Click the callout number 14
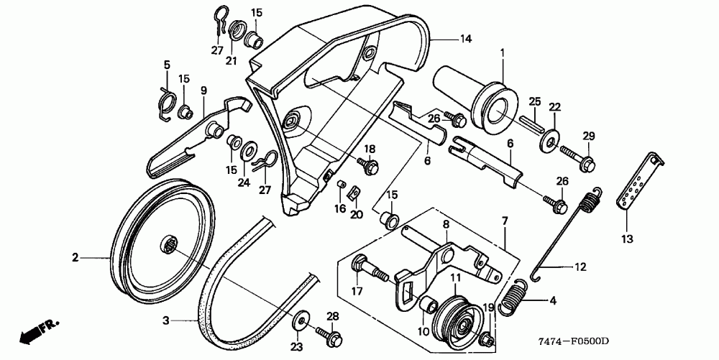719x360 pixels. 466,41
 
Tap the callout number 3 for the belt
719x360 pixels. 165,319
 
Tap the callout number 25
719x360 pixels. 534,101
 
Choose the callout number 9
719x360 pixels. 203,91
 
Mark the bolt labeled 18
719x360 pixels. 370,167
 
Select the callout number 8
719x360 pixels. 446,225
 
